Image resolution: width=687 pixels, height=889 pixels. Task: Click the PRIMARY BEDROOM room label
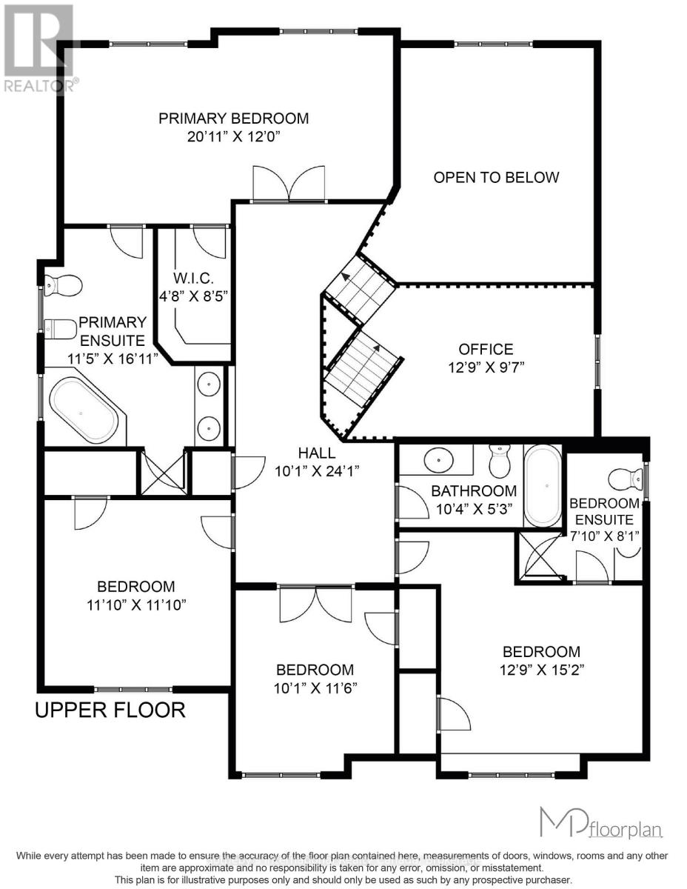pos(233,119)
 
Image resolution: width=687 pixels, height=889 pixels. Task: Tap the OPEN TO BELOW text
pos(496,177)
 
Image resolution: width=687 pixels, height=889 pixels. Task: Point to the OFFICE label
pos(485,349)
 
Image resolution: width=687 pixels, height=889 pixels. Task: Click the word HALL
pos(316,453)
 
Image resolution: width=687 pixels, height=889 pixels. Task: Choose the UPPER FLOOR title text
pos(110,710)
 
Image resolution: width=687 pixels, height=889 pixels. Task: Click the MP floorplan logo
pos(600,822)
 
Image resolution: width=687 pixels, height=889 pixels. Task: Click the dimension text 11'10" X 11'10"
pos(135,605)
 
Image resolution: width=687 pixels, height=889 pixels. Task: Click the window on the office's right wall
pos(597,360)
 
